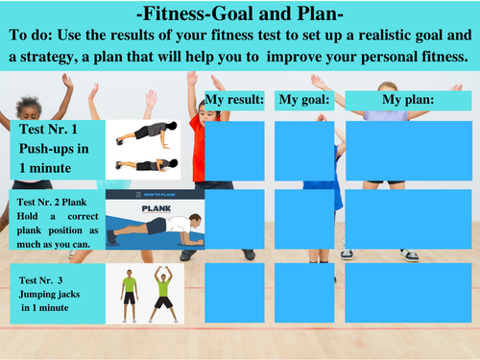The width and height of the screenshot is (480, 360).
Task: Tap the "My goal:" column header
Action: point(303,99)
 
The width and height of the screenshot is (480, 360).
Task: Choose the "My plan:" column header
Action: point(407,99)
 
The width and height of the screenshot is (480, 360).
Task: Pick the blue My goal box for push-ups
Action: point(303,151)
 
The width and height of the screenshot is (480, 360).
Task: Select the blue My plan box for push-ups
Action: point(407,151)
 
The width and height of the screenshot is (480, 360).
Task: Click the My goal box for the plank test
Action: point(303,220)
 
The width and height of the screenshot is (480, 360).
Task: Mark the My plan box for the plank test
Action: point(407,220)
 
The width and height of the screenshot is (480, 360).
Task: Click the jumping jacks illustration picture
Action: point(144,287)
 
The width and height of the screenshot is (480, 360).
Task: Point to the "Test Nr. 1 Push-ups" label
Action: point(55,148)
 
